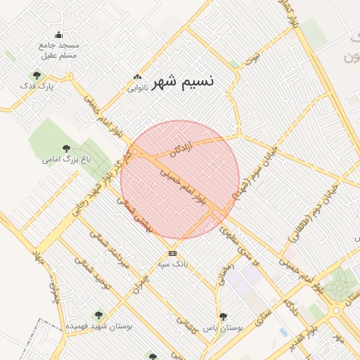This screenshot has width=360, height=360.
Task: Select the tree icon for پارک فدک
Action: coord(37,75)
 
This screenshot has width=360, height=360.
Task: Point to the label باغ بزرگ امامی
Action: coord(66,160)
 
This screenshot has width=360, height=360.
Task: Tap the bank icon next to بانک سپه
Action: coord(172,253)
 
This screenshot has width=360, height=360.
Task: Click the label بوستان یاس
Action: coord(223,328)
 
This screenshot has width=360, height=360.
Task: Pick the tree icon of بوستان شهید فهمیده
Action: coord(98,316)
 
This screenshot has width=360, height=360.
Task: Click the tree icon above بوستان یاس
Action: coord(223,316)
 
